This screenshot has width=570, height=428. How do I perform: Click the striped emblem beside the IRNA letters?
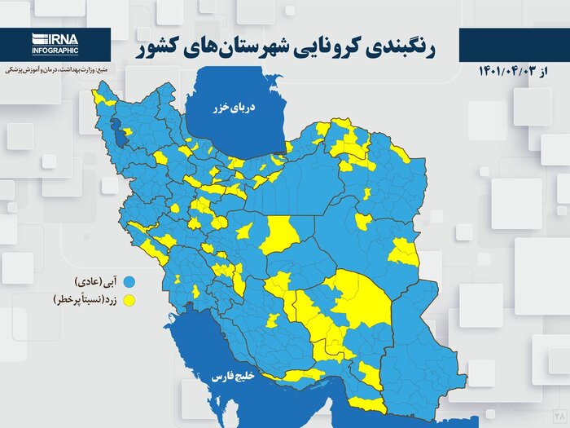(x=38, y=38)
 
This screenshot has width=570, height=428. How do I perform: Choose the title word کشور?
(x=159, y=46)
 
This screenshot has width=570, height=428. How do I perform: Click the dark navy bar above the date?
(x=513, y=45)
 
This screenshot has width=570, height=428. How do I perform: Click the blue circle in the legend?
(x=129, y=282)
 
